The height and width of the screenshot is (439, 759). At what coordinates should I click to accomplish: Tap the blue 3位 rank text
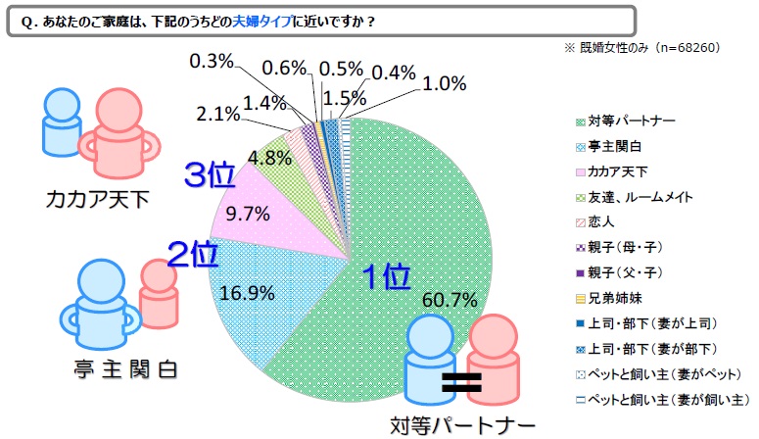tap(210, 175)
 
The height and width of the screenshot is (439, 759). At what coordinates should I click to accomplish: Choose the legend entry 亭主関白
tap(612, 147)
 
